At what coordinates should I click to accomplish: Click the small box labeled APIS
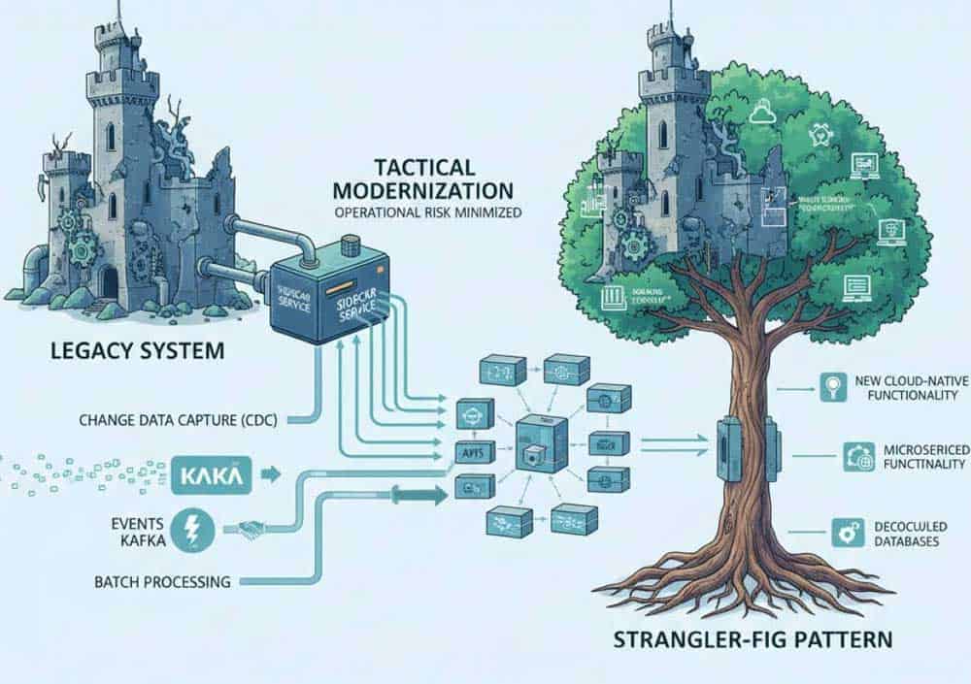pos(469,451)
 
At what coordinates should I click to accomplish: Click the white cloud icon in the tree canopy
pos(760,114)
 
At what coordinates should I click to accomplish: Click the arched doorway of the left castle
pos(109,283)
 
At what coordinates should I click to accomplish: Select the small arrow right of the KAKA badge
pos(271,475)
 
